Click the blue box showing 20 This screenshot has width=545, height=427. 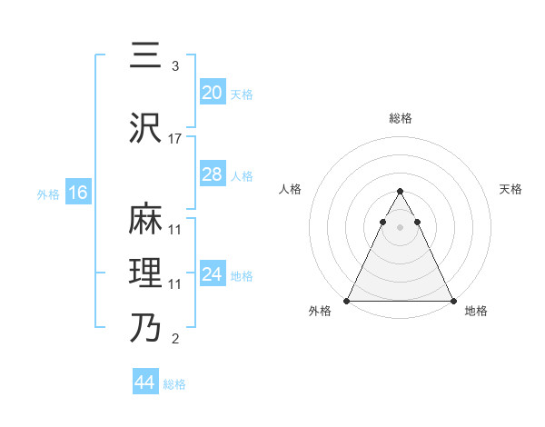(212, 93)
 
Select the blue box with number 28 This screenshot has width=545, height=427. (212, 174)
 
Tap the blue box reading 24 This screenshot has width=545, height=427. (212, 274)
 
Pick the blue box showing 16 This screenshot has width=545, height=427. (77, 193)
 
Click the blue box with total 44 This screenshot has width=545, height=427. (145, 382)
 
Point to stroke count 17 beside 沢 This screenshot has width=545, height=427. (175, 139)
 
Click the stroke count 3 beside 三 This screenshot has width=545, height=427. (175, 66)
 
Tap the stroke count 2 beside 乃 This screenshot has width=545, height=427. (175, 340)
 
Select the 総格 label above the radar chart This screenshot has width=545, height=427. (401, 118)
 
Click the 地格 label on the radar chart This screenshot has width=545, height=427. (476, 311)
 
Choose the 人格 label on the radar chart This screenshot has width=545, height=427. (290, 189)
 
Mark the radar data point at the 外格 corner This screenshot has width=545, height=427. (347, 301)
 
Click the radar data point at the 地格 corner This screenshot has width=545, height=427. (453, 301)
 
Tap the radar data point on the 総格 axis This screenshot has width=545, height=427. (401, 192)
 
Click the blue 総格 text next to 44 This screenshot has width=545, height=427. (174, 384)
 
